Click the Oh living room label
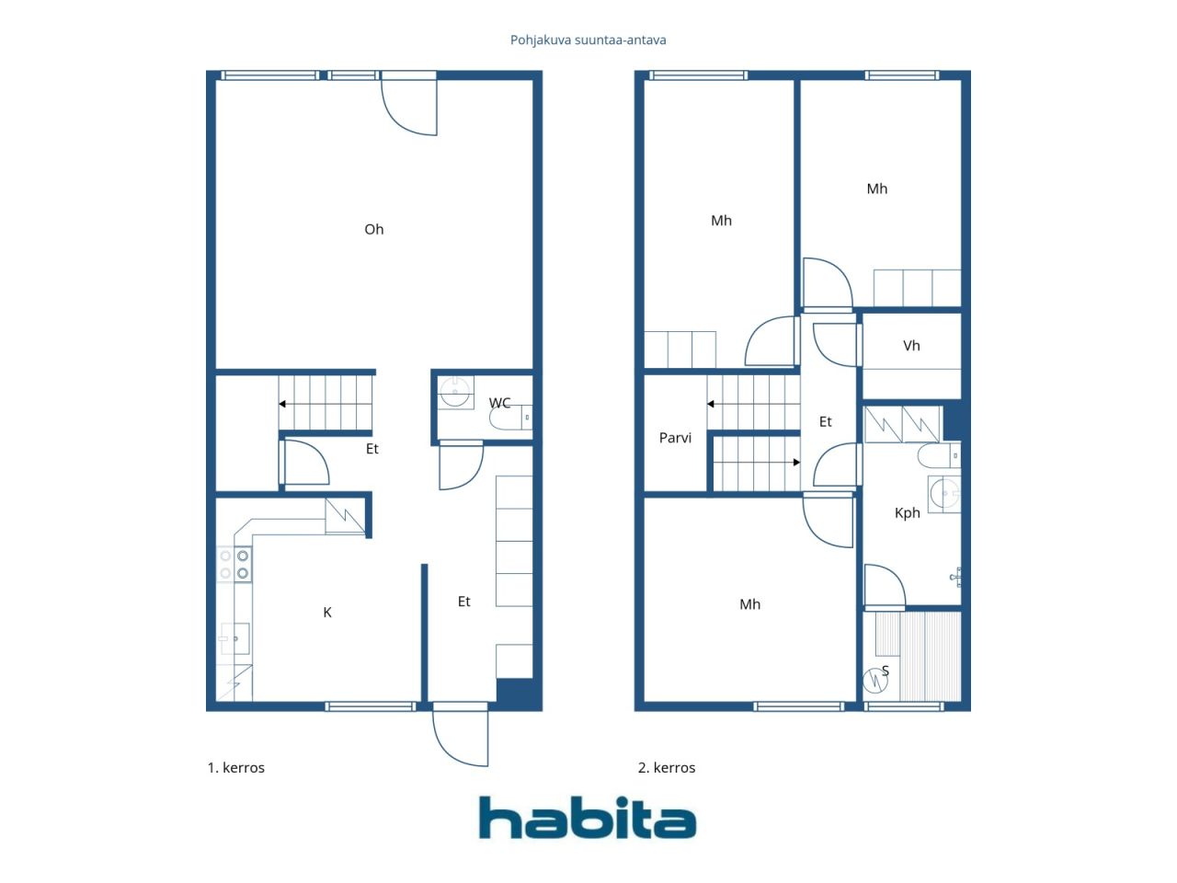pyautogui.click(x=373, y=229)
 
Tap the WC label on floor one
pyautogui.click(x=499, y=403)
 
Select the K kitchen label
pyautogui.click(x=327, y=613)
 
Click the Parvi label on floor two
pyautogui.click(x=675, y=438)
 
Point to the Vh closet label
pyautogui.click(x=911, y=346)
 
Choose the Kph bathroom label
pyautogui.click(x=908, y=513)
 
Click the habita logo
pyautogui.click(x=588, y=818)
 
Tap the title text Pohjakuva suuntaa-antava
pyautogui.click(x=588, y=40)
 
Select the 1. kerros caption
pyautogui.click(x=236, y=768)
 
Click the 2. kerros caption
pyautogui.click(x=667, y=768)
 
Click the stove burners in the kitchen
pyautogui.click(x=234, y=565)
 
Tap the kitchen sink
pyautogui.click(x=234, y=638)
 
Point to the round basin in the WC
pyautogui.click(x=455, y=392)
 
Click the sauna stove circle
pyautogui.click(x=875, y=681)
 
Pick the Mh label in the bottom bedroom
pyautogui.click(x=749, y=604)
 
